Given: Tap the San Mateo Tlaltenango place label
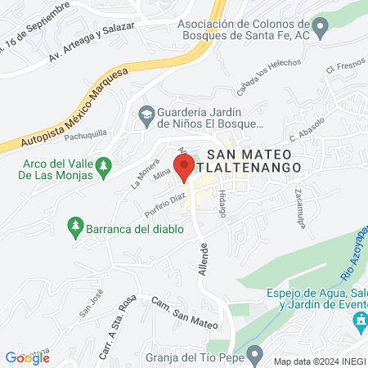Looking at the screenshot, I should pyautogui.click(x=253, y=160).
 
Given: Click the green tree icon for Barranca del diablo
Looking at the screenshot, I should pyautogui.click(x=75, y=225).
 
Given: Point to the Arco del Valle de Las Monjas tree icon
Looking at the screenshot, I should pyautogui.click(x=103, y=167).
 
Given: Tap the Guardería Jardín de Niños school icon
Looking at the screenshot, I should pyautogui.click(x=147, y=113).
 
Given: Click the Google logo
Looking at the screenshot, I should pyautogui.click(x=27, y=357).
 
